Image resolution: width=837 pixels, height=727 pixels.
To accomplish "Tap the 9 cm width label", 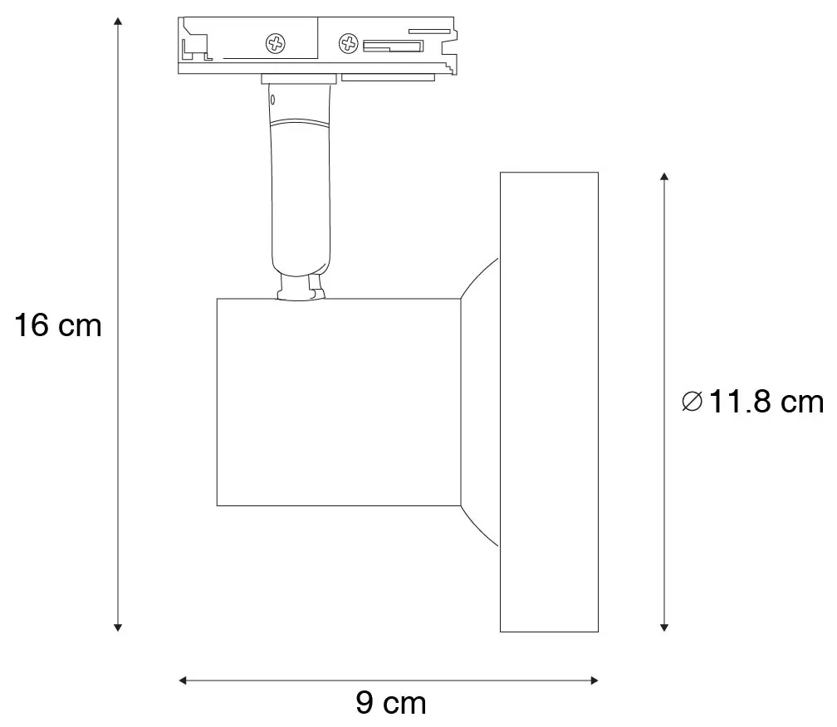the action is pos(391,702).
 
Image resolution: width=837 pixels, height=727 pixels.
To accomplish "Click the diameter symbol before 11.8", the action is pos(692,401).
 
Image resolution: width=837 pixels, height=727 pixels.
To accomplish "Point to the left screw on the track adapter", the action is pos(276,43).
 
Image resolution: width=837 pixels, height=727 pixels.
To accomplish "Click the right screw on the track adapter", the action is pos(349,43).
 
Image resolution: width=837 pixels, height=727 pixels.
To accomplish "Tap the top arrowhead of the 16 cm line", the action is pos(118,21).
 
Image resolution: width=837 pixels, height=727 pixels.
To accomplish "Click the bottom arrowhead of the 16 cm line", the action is pos(118,627).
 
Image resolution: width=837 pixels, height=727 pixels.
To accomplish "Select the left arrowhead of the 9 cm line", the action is pos(183,680).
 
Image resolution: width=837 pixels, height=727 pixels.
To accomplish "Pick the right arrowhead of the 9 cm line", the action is pos(595,680).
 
